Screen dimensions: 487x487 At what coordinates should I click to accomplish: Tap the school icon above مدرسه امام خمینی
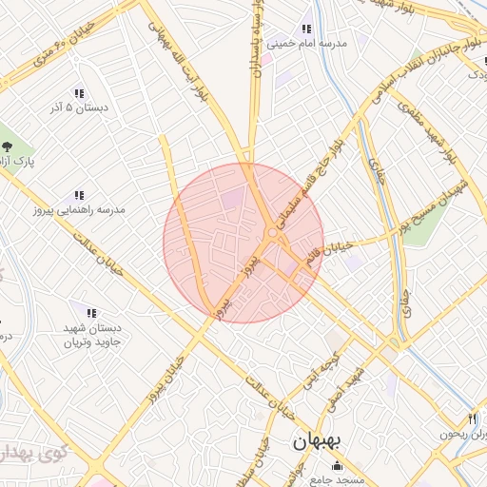305,29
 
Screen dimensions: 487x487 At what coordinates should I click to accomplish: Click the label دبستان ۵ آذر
79,108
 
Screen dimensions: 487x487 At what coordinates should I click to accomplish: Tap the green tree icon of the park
8,146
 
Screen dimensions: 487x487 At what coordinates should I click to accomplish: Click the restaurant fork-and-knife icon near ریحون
473,419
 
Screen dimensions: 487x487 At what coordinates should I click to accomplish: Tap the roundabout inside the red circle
273,233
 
